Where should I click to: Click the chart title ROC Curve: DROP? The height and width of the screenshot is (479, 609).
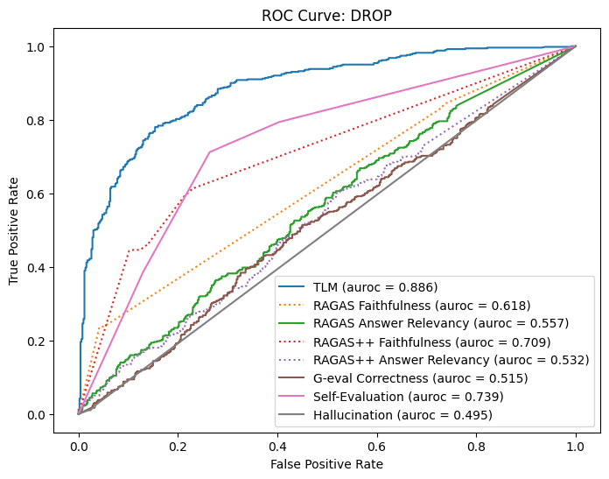pyautogui.click(x=326, y=15)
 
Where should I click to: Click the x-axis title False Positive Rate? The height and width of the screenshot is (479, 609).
pyautogui.click(x=326, y=463)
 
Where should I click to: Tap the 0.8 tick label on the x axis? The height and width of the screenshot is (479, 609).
pyautogui.click(x=476, y=445)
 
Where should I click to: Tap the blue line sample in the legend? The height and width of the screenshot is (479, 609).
pyautogui.click(x=295, y=287)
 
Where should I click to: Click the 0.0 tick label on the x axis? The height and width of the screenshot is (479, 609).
pyautogui.click(x=79, y=445)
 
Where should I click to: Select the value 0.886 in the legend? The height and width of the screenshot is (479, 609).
pyautogui.click(x=418, y=287)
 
